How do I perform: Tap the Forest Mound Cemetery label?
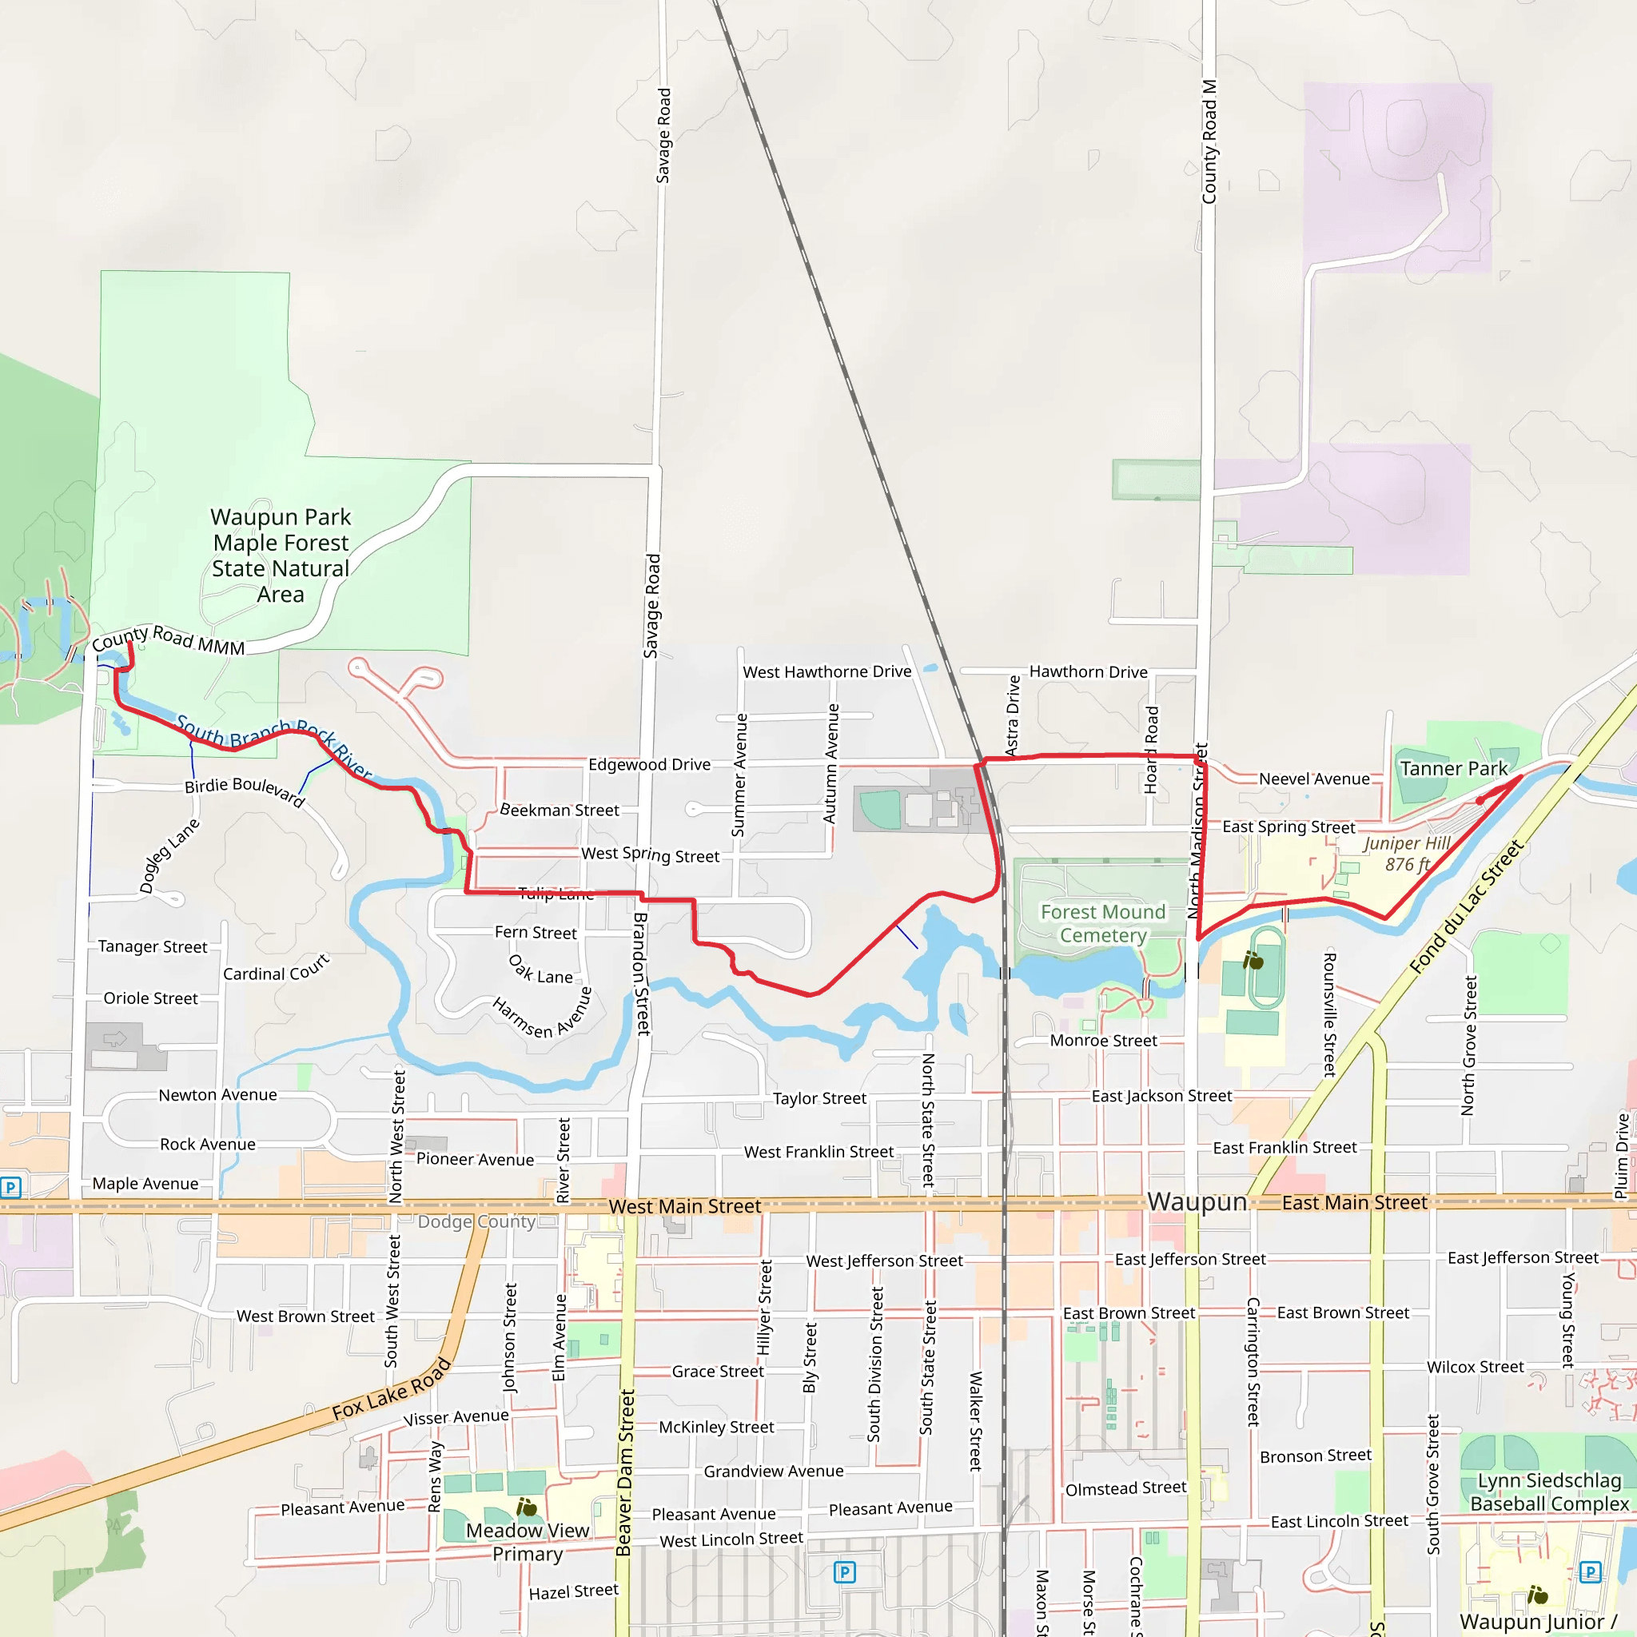point(1102,923)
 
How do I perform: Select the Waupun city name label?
point(1197,1202)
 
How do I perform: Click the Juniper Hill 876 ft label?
point(1407,854)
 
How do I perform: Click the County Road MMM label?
point(168,639)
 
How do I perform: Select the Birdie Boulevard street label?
point(244,790)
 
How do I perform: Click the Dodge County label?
point(476,1222)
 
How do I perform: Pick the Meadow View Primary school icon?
point(526,1508)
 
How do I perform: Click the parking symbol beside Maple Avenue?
point(10,1187)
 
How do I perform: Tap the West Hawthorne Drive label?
point(827,672)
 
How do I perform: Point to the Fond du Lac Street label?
point(1466,906)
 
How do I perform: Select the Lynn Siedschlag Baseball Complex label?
point(1549,1492)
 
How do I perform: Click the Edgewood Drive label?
point(649,764)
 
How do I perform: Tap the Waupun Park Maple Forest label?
point(281,555)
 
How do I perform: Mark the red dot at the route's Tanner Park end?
point(1480,800)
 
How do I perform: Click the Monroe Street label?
point(1103,1041)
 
